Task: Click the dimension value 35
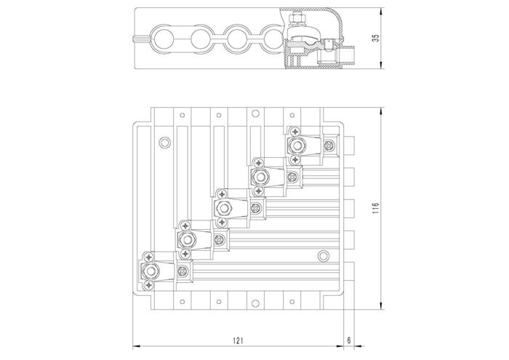point(376,38)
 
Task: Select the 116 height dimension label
point(376,208)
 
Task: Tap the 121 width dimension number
point(238,340)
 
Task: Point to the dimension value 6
point(349,340)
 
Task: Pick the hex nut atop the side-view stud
point(297,19)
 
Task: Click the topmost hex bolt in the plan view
point(296,145)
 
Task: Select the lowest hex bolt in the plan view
point(150,271)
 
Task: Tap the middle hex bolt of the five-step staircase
point(223,208)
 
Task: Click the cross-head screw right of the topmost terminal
point(329,145)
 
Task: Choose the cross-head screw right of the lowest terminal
point(183,271)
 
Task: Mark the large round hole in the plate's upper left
point(164,143)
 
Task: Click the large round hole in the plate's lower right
point(323,256)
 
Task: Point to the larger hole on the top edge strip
point(255,113)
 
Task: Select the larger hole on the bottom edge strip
point(255,303)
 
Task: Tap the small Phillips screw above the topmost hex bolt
point(295,131)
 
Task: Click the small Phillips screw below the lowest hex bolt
point(149,286)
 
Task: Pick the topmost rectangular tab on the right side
point(349,145)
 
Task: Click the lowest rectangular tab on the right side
point(349,271)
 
